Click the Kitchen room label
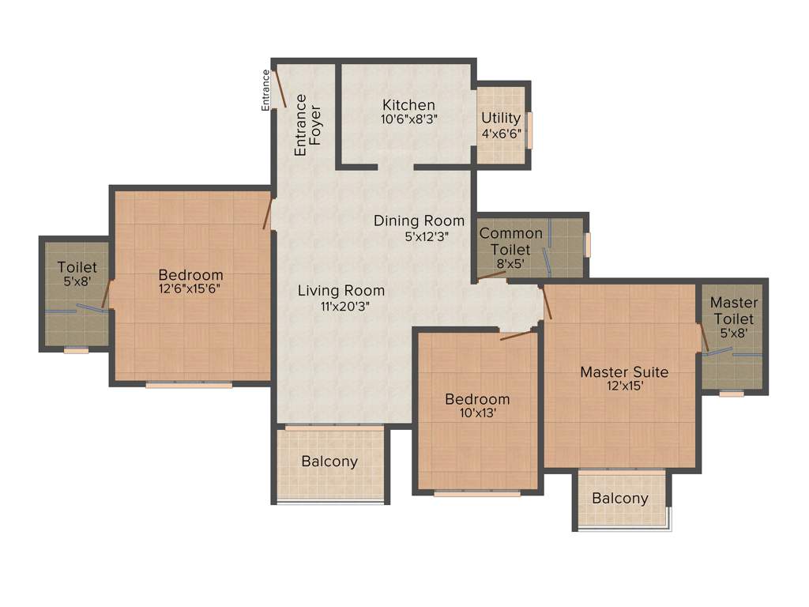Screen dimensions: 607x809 click(x=408, y=104)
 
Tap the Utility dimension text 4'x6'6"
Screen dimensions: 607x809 click(x=502, y=134)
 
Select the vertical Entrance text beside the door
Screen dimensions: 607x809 click(x=266, y=90)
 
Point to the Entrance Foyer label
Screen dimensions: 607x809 click(x=308, y=125)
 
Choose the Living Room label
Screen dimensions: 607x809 click(x=341, y=290)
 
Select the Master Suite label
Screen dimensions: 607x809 click(x=624, y=371)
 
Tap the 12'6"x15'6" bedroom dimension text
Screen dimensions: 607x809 click(x=189, y=288)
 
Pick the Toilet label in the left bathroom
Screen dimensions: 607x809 click(x=77, y=268)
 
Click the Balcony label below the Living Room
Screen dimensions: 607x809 click(x=329, y=462)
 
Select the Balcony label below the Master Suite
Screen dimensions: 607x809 click(x=620, y=499)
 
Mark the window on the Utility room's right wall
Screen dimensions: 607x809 click(x=530, y=130)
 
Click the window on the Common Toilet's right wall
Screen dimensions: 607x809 click(x=588, y=244)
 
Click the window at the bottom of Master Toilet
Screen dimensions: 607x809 click(x=731, y=393)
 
